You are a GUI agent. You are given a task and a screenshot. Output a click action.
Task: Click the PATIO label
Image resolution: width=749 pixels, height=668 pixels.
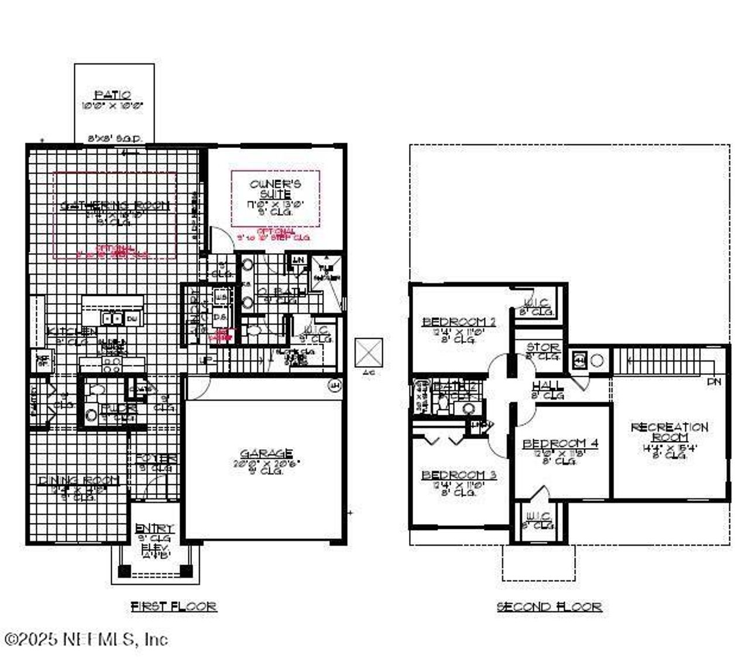point(113,95)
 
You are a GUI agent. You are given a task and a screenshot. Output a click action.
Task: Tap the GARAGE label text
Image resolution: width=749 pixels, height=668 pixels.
point(266,453)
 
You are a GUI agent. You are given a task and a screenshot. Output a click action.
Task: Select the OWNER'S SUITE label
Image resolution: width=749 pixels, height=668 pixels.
point(275,189)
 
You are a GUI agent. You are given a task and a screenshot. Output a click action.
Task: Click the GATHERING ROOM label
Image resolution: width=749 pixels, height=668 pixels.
point(115,206)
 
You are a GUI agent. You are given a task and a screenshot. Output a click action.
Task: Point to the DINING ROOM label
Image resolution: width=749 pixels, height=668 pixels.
point(78,480)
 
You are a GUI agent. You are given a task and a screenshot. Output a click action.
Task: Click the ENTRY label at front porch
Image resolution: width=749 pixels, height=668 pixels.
point(154,528)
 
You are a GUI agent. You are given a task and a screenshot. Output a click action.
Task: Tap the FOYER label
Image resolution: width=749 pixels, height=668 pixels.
point(156,459)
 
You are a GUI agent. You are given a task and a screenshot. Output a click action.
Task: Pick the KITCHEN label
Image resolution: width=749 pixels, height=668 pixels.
point(72,332)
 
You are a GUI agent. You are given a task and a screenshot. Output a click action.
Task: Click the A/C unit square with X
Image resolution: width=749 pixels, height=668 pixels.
point(369,353)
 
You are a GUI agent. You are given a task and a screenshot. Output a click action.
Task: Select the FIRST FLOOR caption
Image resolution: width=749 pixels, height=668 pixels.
point(174,607)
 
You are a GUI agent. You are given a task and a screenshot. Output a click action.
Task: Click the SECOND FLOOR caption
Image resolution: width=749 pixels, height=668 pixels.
point(549,607)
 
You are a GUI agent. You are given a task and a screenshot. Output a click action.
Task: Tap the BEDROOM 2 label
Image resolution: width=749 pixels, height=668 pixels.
point(459,322)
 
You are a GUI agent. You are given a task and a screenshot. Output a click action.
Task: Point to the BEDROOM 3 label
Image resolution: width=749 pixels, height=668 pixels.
point(459,475)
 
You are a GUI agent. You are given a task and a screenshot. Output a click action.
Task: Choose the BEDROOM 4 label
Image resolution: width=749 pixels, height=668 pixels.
point(560,443)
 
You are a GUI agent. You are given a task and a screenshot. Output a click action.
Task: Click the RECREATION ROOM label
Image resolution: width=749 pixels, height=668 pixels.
point(669,432)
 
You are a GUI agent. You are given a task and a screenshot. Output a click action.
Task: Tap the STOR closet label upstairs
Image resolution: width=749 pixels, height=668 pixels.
point(542,347)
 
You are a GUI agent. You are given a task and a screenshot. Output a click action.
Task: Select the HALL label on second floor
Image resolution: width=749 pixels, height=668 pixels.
point(548,386)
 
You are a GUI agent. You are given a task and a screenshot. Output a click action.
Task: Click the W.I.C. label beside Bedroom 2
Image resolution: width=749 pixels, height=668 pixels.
point(536,303)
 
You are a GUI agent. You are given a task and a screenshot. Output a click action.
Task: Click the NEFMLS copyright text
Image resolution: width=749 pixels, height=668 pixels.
point(86,639)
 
